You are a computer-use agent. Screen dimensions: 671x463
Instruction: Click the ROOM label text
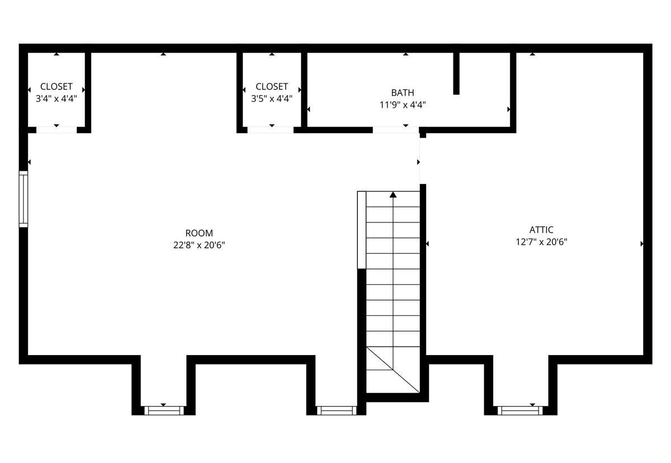point(199,233)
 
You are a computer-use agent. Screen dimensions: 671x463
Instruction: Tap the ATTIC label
point(541,230)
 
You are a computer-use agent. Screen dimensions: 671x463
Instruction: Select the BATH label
point(403,93)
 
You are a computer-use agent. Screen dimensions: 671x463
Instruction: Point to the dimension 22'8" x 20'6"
point(199,245)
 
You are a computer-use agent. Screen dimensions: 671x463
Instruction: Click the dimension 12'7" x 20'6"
point(541,242)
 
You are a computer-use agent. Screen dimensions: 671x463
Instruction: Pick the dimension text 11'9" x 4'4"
point(403,105)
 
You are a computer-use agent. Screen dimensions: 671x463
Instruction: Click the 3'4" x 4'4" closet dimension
point(56,98)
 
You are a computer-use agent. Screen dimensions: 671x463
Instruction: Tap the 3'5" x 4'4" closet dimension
point(272,98)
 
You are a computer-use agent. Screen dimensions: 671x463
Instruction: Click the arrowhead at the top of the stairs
point(393,195)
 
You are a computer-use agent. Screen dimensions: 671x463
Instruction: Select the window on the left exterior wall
point(23,199)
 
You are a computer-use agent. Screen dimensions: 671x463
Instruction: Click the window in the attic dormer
point(520,410)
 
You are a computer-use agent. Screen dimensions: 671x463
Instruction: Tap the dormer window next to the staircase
point(337,410)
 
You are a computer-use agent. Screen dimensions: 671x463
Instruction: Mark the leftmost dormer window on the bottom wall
point(164,410)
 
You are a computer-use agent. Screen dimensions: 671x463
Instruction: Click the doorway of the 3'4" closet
point(56,130)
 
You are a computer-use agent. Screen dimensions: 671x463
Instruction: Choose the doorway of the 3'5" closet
point(270,130)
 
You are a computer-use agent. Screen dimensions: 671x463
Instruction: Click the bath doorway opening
point(396,130)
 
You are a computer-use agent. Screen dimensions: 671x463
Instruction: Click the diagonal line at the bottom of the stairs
point(393,370)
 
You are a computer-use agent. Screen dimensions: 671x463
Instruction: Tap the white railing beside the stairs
point(362,230)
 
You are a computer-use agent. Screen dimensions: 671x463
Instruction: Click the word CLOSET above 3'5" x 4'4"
point(272,87)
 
